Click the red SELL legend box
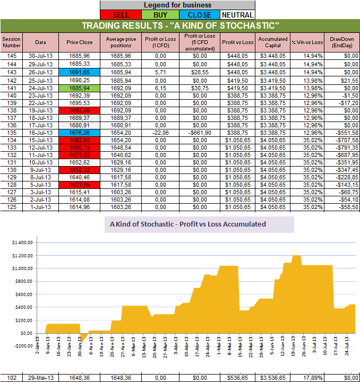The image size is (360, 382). pyautogui.click(x=121, y=15)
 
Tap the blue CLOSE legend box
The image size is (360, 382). pyautogui.click(x=199, y=15)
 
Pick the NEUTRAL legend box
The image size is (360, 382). pyautogui.click(x=237, y=15)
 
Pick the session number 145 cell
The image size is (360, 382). pyautogui.click(x=11, y=55)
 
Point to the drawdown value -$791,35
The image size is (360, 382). pyautogui.click(x=341, y=147)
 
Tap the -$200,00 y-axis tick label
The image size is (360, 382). pyautogui.click(x=19, y=346)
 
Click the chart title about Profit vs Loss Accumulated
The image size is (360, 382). pyautogui.click(x=187, y=224)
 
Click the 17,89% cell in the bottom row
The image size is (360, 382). pyautogui.click(x=306, y=377)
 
